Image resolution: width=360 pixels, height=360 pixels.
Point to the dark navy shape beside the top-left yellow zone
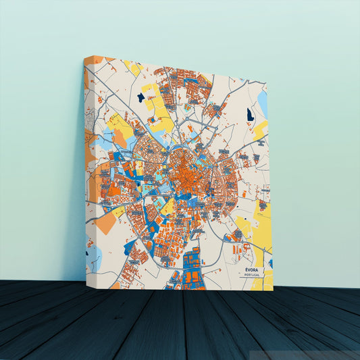click(140, 97)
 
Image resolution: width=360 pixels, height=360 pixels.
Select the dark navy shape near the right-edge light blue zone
click(250, 114)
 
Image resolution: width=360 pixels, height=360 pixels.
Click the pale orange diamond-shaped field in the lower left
click(106, 222)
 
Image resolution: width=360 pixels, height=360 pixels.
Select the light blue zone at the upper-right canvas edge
click(262, 103)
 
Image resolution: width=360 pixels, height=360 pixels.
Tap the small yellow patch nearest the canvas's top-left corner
click(132, 68)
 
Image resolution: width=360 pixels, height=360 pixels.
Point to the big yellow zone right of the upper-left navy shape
click(158, 108)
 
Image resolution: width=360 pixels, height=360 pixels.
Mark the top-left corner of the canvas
click(86, 57)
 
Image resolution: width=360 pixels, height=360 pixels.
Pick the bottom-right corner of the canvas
click(273, 290)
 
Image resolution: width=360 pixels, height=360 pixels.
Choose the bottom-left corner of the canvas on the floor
click(87, 282)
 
